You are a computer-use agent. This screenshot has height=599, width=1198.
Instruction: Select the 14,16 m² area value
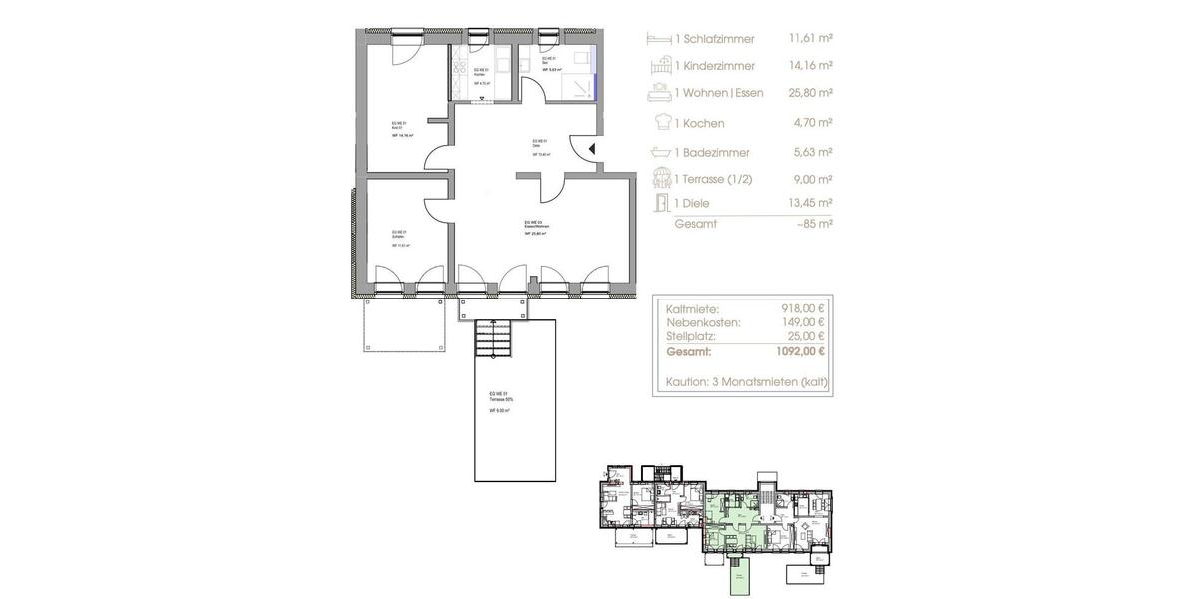pyautogui.click(x=810, y=66)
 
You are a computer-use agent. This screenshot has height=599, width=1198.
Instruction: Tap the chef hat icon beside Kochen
pyautogui.click(x=660, y=122)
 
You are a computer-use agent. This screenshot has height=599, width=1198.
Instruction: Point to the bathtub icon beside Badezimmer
pyautogui.click(x=660, y=152)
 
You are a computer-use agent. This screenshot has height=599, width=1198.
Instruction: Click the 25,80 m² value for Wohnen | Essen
pyautogui.click(x=810, y=93)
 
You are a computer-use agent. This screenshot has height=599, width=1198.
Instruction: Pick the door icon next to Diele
pyautogui.click(x=660, y=203)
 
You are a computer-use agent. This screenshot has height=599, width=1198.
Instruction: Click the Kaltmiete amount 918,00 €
pyautogui.click(x=802, y=309)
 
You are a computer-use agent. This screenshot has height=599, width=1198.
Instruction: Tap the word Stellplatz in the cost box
pyautogui.click(x=695, y=337)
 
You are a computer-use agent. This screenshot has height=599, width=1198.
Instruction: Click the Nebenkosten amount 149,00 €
pyautogui.click(x=802, y=323)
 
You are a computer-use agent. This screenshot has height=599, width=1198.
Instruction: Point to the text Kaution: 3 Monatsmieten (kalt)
pyautogui.click(x=746, y=382)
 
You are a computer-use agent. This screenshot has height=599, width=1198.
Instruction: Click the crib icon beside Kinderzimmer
pyautogui.click(x=660, y=66)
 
